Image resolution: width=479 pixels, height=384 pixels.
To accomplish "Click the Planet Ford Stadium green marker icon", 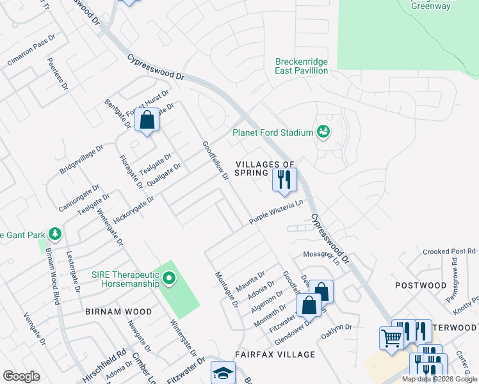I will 323,132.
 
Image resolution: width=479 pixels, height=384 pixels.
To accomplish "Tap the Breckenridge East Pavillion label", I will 302,67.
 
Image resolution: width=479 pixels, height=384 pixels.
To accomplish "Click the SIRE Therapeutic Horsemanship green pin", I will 169,278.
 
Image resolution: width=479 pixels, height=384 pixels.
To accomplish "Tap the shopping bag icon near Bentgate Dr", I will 147,120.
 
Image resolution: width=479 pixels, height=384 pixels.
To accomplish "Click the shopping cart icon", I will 391,337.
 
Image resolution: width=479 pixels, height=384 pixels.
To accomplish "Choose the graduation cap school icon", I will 223,373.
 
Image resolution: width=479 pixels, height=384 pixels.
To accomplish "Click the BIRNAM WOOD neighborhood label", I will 118,312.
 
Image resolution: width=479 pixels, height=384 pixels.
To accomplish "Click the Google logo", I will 21,376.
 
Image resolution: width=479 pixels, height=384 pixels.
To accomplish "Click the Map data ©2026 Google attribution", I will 439,379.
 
